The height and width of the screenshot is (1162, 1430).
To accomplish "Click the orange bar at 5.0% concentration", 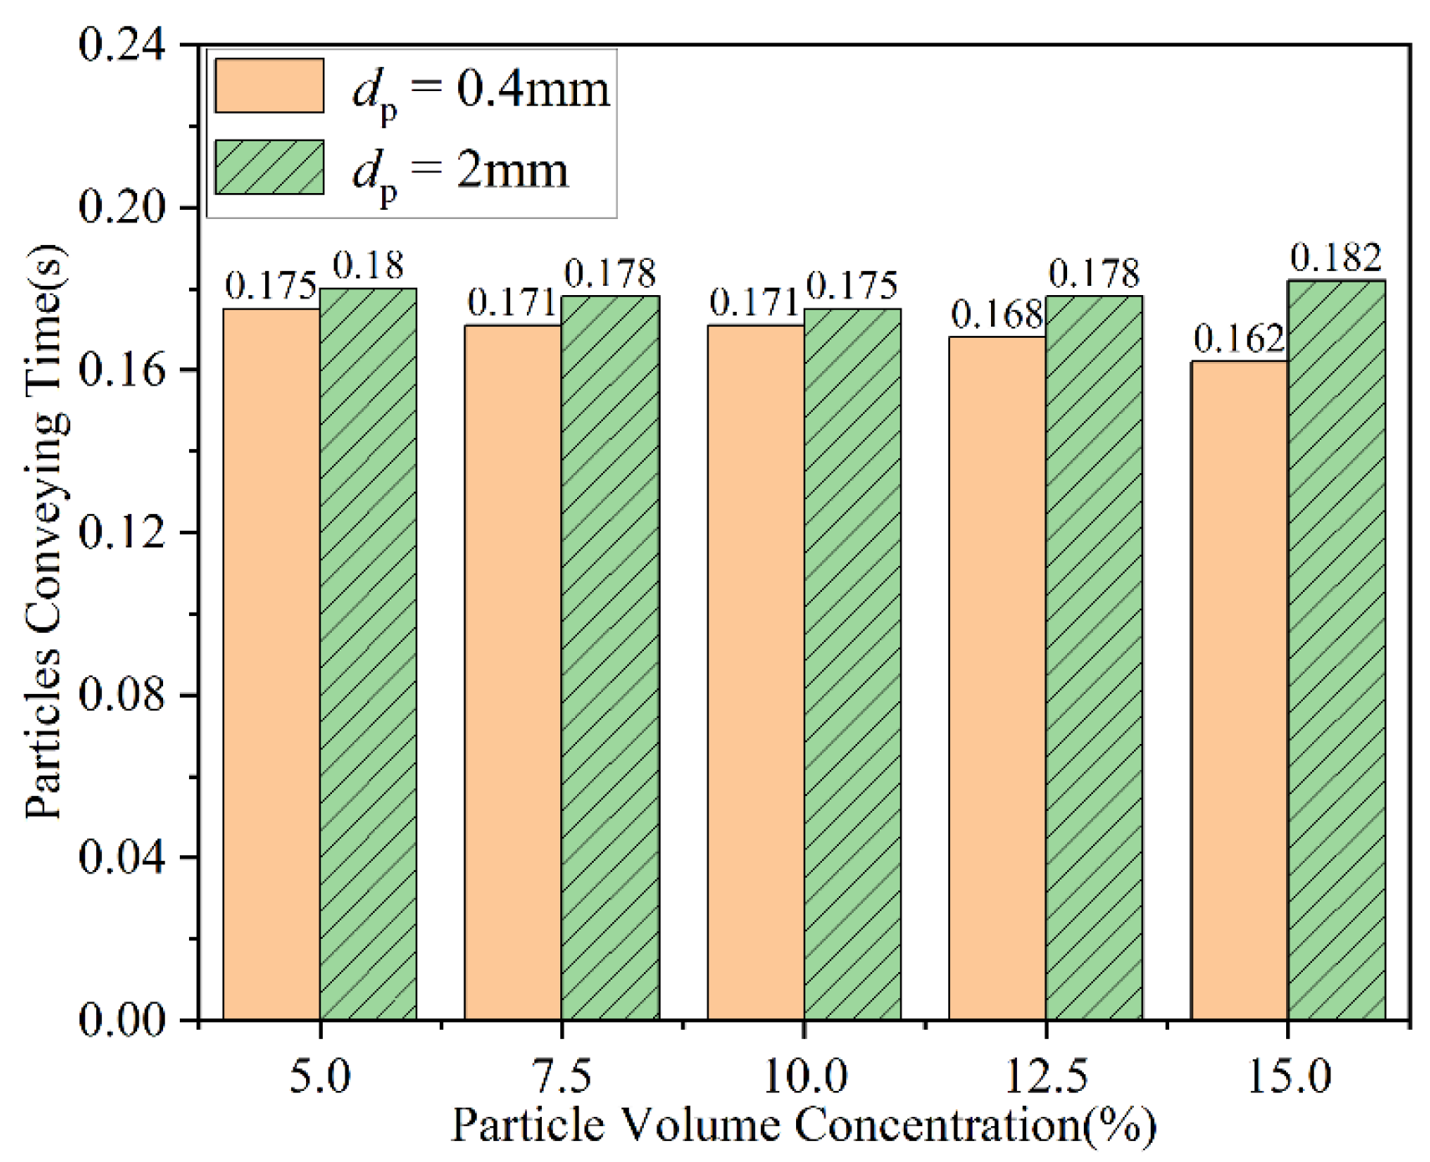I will click(x=271, y=665).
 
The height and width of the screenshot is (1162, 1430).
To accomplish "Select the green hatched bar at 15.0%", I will click(x=1336, y=650).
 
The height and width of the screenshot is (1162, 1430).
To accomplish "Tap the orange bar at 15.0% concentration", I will click(x=1238, y=690).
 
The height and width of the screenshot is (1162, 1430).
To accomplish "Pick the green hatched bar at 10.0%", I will click(x=852, y=665).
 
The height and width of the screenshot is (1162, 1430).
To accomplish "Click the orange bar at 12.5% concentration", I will click(x=997, y=677).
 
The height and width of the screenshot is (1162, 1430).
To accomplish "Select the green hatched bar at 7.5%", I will click(x=610, y=658).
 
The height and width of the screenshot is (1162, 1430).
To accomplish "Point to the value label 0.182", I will click(x=1336, y=258).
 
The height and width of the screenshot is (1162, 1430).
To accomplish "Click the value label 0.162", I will click(x=1238, y=339).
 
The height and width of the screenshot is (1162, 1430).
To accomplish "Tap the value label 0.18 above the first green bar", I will click(x=368, y=266).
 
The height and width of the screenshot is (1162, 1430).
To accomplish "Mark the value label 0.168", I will click(x=997, y=315).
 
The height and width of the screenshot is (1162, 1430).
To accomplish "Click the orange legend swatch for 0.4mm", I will click(x=269, y=85).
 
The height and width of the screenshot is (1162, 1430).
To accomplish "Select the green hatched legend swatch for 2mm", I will click(x=269, y=167).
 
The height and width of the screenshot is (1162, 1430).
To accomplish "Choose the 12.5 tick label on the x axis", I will click(x=1045, y=1076).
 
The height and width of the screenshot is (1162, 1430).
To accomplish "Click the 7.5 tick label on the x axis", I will click(x=562, y=1076).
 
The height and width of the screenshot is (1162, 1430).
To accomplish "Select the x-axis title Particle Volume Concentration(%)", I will click(x=803, y=1124).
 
